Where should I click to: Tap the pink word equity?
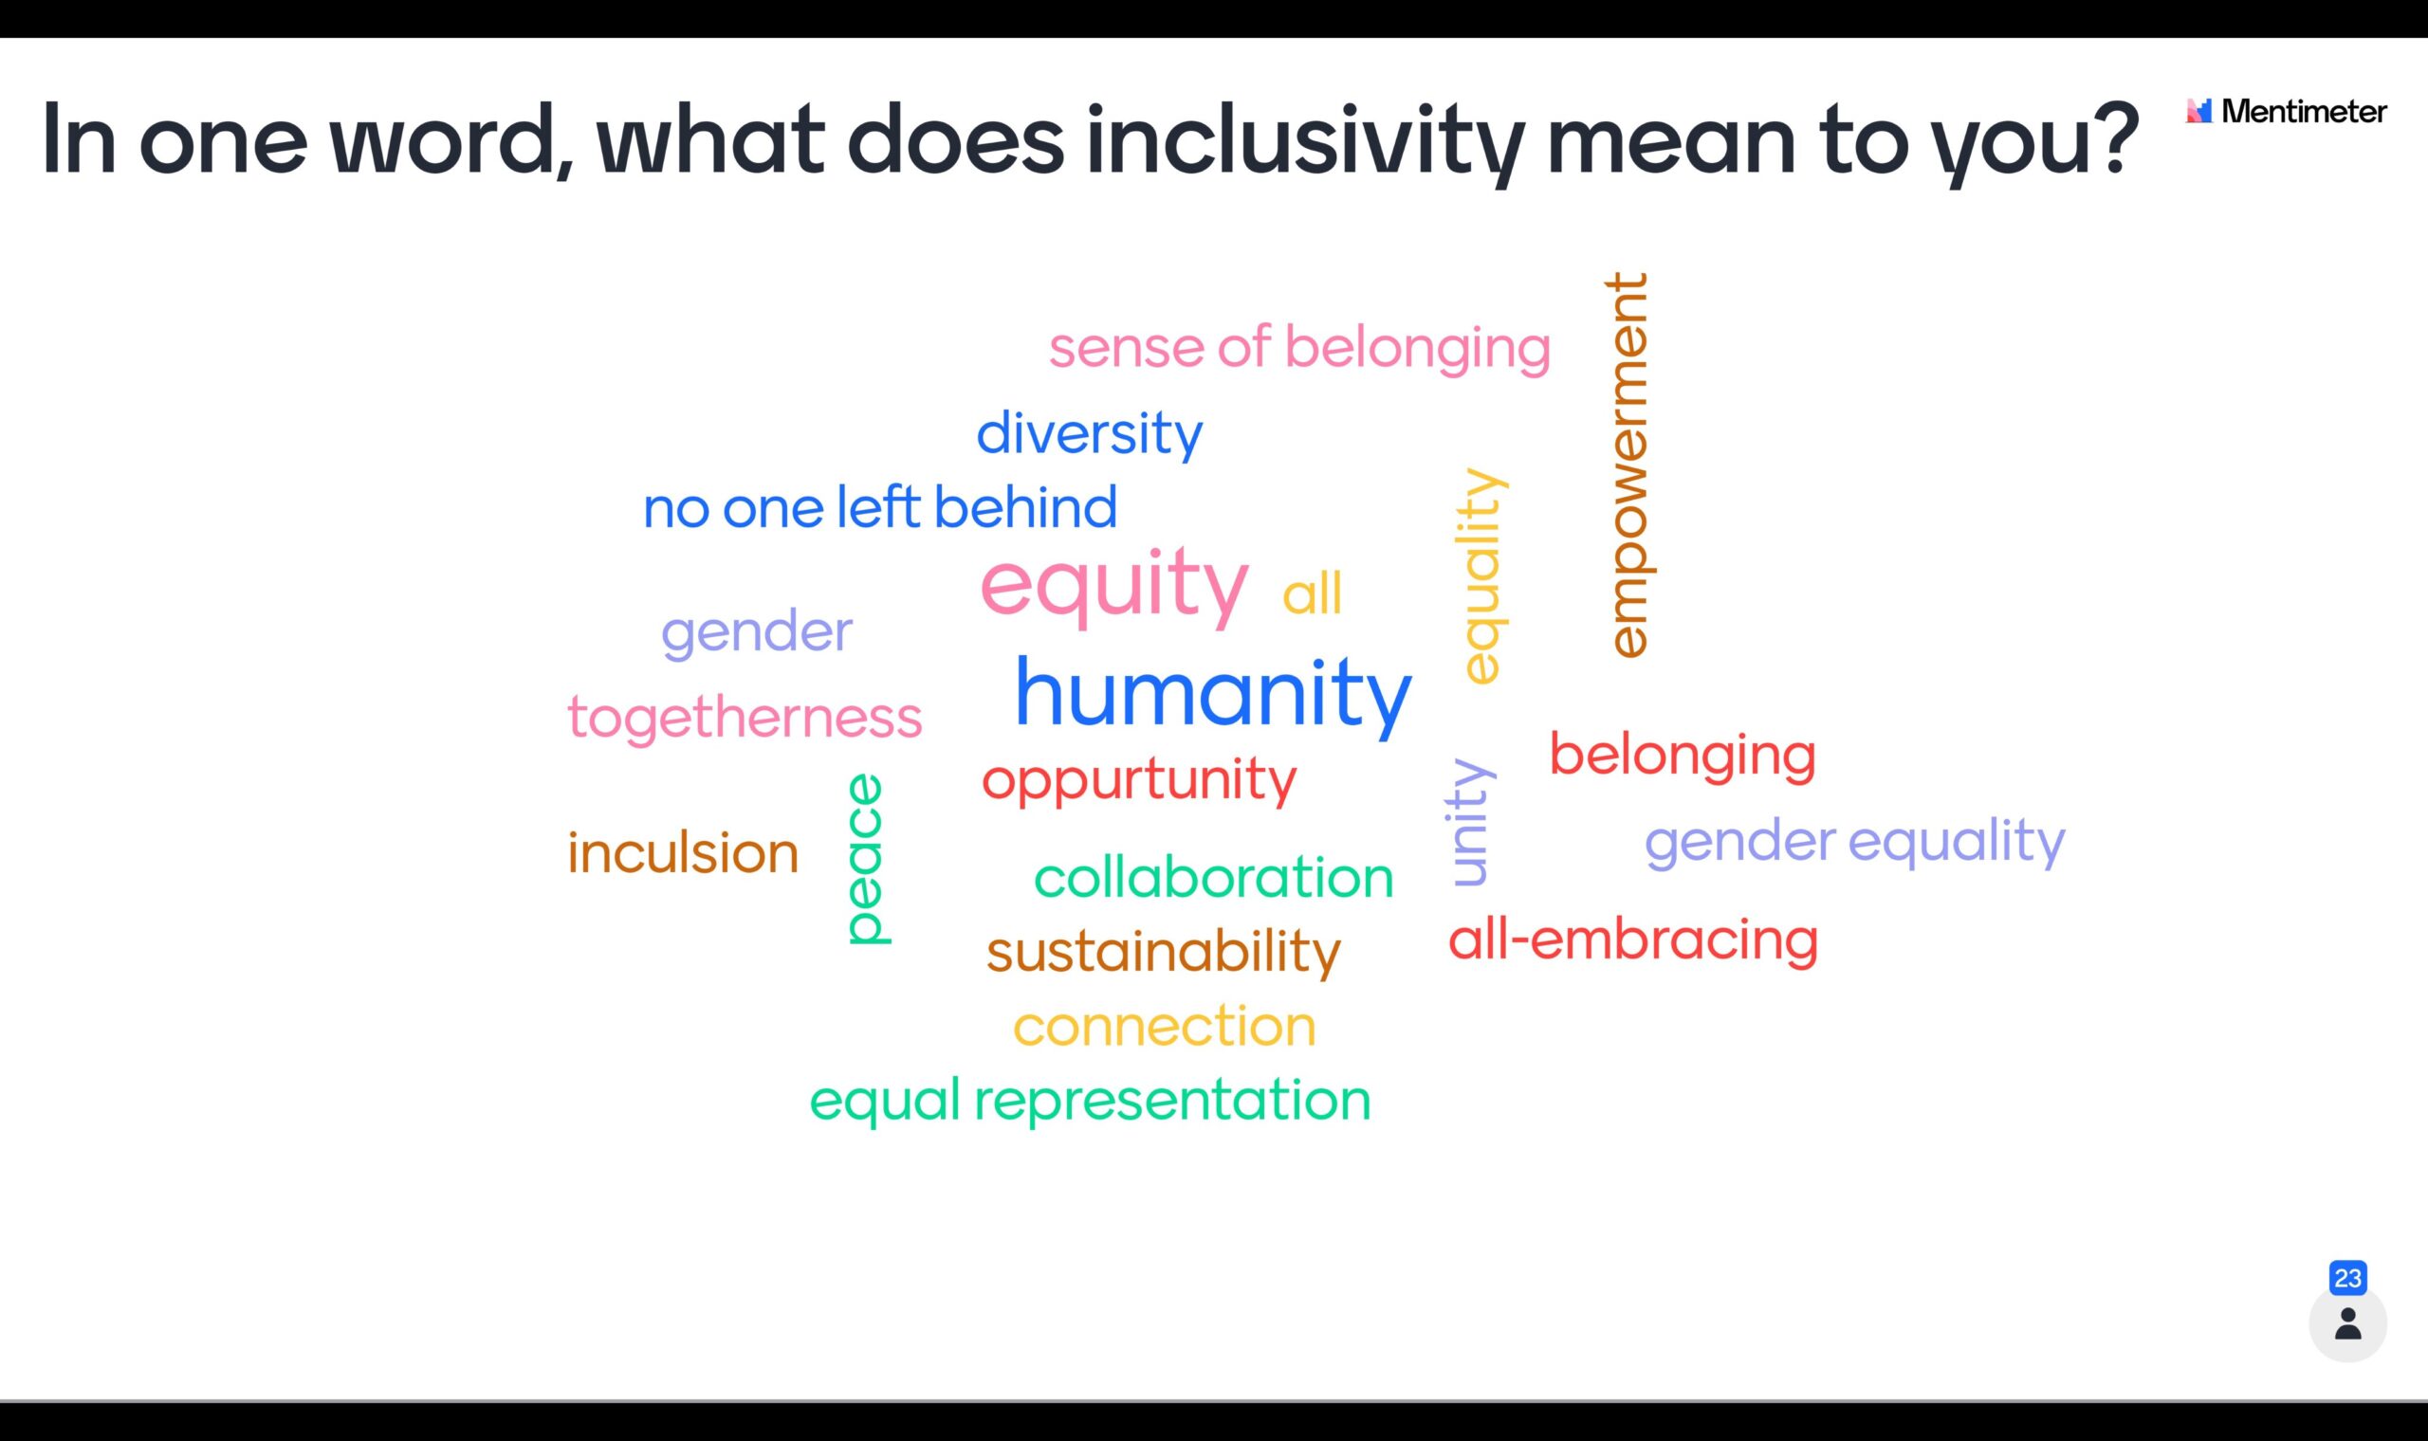pyautogui.click(x=1114, y=587)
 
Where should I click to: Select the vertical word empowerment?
pyautogui.click(x=1627, y=465)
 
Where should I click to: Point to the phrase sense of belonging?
pyautogui.click(x=1299, y=349)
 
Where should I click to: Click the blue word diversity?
pyautogui.click(x=1089, y=434)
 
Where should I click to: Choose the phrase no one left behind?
pyautogui.click(x=880, y=507)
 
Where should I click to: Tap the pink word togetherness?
pyautogui.click(x=745, y=719)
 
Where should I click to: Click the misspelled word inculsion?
pyautogui.click(x=683, y=852)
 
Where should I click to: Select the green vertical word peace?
pyautogui.click(x=866, y=858)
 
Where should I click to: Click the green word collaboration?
pyautogui.click(x=1213, y=878)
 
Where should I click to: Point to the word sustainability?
pyautogui.click(x=1164, y=953)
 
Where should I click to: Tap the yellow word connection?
pyautogui.click(x=1165, y=1028)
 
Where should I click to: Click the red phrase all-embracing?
pyautogui.click(x=1632, y=939)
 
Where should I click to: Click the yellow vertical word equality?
pyautogui.click(x=1481, y=575)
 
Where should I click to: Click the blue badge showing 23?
pyautogui.click(x=2347, y=1278)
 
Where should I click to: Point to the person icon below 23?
pyautogui.click(x=2347, y=1323)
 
